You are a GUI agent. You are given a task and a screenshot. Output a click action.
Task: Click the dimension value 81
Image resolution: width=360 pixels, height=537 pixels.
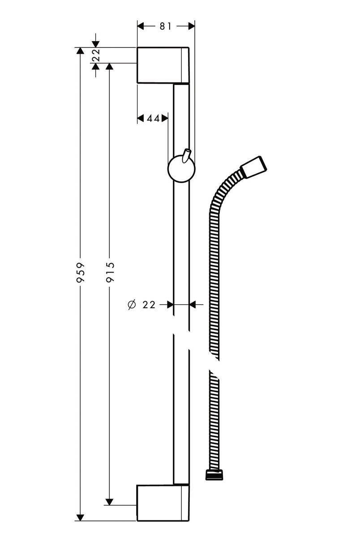pyautogui.click(x=166, y=26)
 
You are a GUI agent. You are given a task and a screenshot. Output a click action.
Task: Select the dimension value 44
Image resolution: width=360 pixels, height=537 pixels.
pyautogui.click(x=153, y=118)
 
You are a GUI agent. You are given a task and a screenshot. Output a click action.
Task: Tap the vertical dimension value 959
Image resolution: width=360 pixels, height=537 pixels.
pyautogui.click(x=81, y=273)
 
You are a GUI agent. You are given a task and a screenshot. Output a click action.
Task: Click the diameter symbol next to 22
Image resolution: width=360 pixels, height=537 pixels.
pyautogui.click(x=131, y=305)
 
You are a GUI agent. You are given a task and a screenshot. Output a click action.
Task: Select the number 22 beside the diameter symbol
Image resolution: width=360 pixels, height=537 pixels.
pyautogui.click(x=149, y=305)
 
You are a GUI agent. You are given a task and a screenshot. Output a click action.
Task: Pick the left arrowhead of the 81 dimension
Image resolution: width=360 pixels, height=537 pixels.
pyautogui.click(x=141, y=26)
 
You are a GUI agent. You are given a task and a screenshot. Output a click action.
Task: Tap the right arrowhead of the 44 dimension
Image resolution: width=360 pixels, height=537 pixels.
pyautogui.click(x=165, y=118)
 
